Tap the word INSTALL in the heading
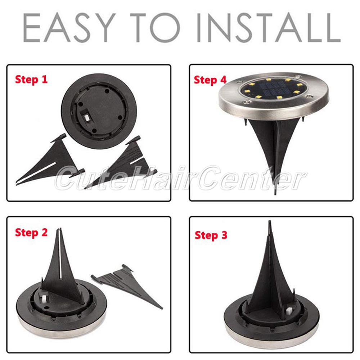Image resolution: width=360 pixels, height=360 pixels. point(269,28)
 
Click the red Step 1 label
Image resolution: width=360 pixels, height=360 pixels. point(31,80)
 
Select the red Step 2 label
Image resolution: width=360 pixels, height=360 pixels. point(31,233)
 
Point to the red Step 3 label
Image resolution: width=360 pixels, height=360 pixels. point(211,235)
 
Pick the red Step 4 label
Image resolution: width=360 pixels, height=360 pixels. point(210,80)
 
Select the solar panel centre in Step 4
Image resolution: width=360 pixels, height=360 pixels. point(272,89)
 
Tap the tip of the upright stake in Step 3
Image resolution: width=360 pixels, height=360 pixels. point(270,221)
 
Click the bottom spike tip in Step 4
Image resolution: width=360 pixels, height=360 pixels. point(275,194)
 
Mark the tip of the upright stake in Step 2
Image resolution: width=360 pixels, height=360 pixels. point(60,229)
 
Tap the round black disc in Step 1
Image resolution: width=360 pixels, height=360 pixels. point(99,111)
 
